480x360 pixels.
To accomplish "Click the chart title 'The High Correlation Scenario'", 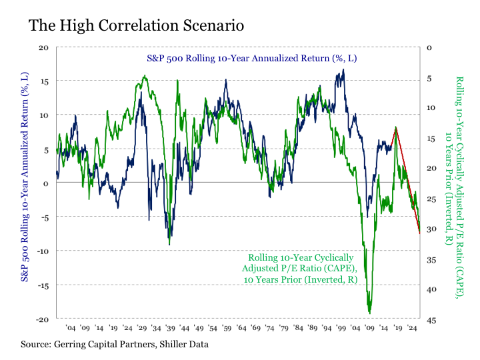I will (x=135, y=25).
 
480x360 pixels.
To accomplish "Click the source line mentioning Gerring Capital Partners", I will (x=115, y=344).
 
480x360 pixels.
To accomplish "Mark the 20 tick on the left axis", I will (x=44, y=48).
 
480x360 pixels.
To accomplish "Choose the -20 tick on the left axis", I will (x=42, y=319).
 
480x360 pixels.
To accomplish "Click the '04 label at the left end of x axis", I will (x=70, y=329).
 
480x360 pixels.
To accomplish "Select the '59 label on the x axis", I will (x=227, y=329).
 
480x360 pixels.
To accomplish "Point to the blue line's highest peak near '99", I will (x=343, y=69).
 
